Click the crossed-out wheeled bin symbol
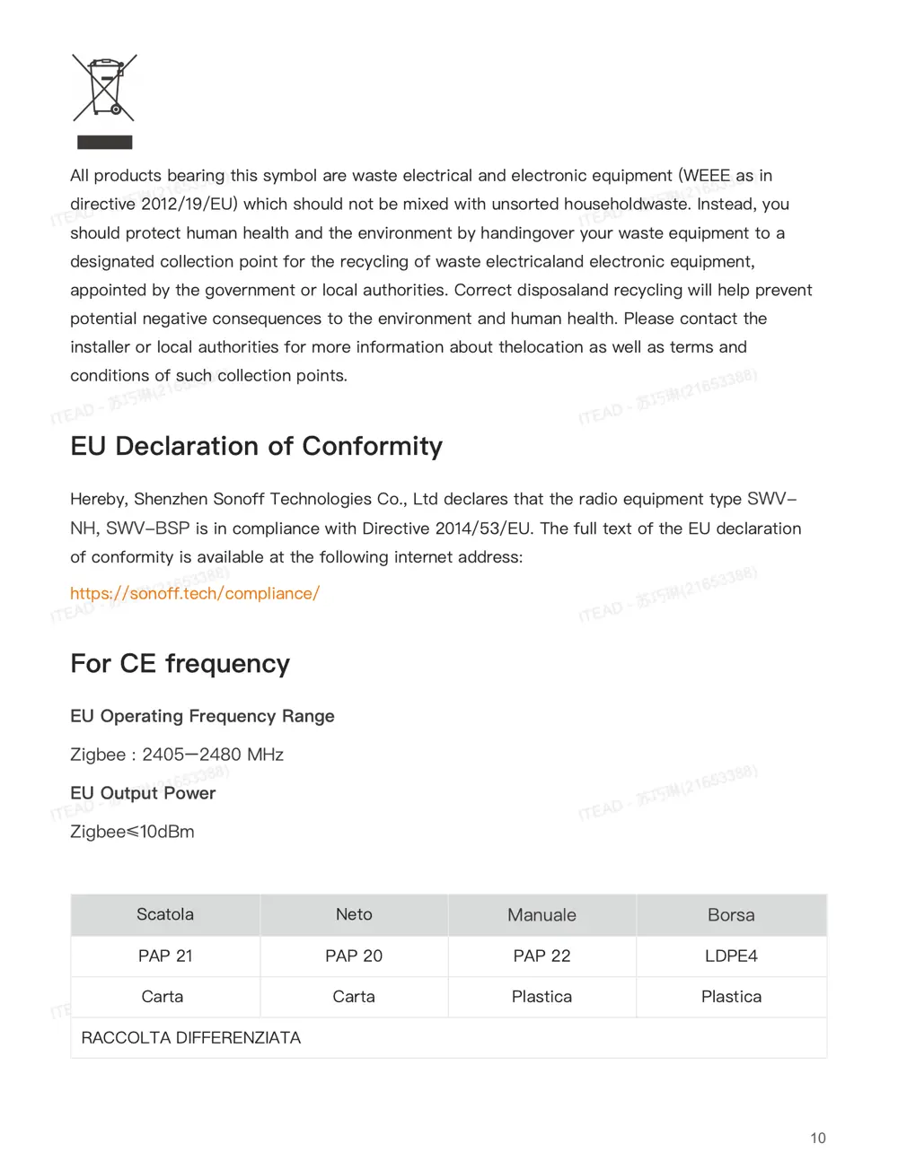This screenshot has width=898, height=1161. pos(104,88)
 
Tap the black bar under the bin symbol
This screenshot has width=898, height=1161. pos(104,142)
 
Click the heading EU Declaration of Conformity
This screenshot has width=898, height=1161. pos(256,446)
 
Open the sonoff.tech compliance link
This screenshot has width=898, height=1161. pos(195,593)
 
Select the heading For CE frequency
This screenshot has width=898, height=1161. pos(180,663)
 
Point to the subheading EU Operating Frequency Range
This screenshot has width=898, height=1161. pos(202,716)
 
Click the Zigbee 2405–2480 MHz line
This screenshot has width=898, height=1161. pos(177,755)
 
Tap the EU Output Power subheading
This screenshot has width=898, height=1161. pos(143,793)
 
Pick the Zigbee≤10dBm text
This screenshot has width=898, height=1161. pos(132,832)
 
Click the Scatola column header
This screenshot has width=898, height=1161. pos(165,914)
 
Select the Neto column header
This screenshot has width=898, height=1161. pos(354,914)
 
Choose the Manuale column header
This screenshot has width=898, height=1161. pos(541,915)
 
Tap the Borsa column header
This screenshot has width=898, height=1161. pos(731,915)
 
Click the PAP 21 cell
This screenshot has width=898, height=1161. pos(165,956)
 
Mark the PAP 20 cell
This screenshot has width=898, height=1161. pos(354,956)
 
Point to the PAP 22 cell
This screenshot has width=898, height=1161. pos(541,956)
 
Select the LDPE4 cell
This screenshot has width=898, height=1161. pos(731,956)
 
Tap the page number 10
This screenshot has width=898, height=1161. pos(817,1138)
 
